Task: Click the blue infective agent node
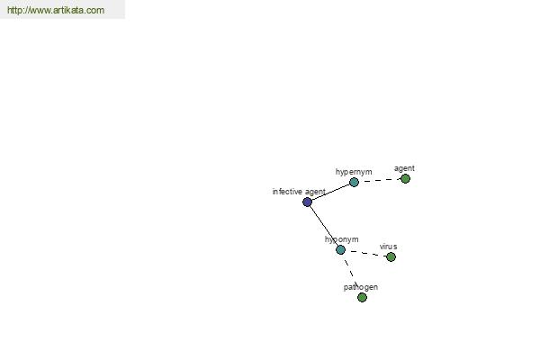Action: click(x=307, y=202)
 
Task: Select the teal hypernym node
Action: click(x=354, y=182)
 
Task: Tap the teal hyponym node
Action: click(x=340, y=250)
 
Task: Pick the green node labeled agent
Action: click(x=405, y=179)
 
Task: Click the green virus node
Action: click(x=391, y=257)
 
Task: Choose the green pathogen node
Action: click(x=362, y=297)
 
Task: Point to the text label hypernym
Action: click(x=354, y=172)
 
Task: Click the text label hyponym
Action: click(x=342, y=239)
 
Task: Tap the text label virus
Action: click(x=389, y=247)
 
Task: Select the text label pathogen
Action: click(x=361, y=287)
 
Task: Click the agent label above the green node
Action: click(x=404, y=168)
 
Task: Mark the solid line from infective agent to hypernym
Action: click(x=330, y=193)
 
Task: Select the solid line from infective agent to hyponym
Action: click(x=324, y=226)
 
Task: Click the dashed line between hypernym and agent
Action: click(x=380, y=181)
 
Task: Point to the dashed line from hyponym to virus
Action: click(x=365, y=253)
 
